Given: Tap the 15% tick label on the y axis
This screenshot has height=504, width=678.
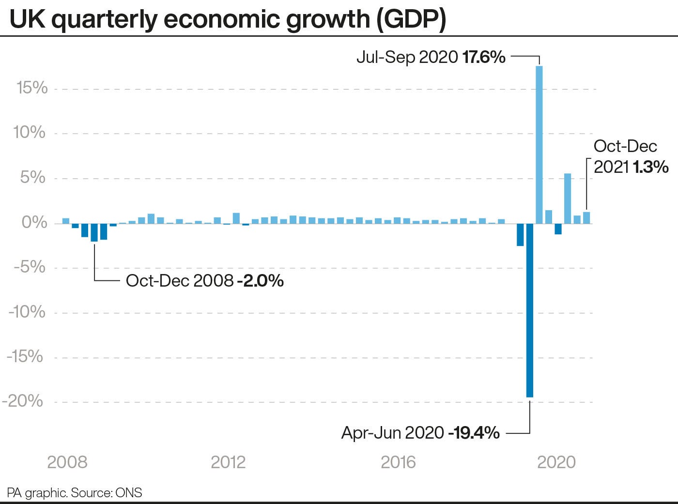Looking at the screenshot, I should (32, 88).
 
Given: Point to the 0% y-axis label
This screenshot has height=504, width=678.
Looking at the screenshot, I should (34, 222).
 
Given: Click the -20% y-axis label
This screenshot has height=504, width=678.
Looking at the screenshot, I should (23, 401).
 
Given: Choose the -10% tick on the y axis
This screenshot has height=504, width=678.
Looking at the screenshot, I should (27, 311).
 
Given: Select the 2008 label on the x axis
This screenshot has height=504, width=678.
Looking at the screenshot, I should (67, 462).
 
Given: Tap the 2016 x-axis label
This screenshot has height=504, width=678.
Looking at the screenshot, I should (398, 462).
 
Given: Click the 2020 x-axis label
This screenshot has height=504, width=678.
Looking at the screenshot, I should (556, 462).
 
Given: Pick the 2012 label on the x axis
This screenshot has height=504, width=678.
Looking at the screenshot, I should (228, 462).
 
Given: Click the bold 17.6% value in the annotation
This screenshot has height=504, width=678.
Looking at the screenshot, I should (484, 57).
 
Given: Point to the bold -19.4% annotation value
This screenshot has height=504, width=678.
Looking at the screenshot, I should (474, 432).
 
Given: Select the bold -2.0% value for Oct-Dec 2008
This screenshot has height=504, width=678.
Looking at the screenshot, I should (260, 280).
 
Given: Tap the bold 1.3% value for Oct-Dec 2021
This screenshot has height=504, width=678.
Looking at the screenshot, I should (650, 167).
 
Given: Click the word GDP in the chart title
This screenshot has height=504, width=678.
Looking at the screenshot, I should (412, 19).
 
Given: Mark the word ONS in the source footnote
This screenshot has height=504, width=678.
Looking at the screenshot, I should (129, 493).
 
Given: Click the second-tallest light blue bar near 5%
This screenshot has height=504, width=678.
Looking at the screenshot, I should (568, 199).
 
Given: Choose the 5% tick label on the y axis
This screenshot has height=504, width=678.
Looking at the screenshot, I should (33, 177).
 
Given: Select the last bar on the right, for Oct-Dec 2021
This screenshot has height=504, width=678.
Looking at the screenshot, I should (586, 218).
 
